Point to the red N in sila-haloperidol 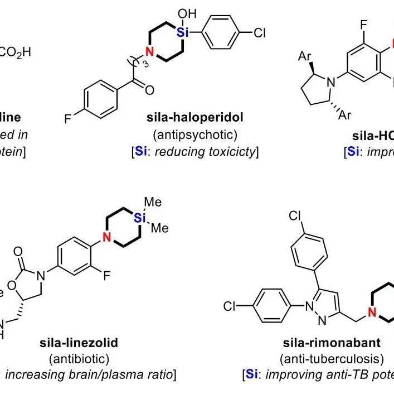149,52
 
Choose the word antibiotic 79,358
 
